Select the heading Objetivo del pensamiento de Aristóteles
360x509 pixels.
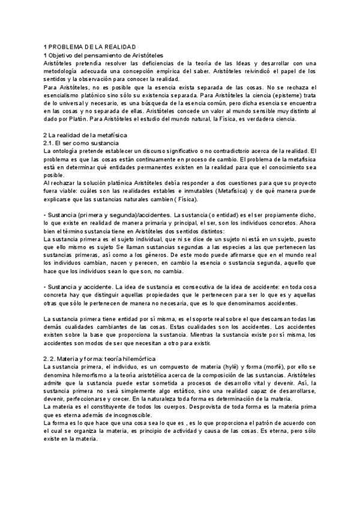point(99,55)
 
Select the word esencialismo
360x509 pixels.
point(62,95)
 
